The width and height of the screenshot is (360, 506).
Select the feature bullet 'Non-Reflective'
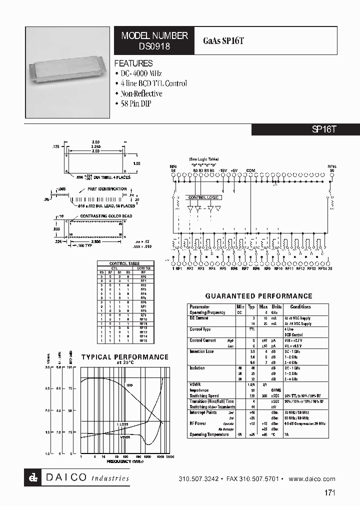coord(141,93)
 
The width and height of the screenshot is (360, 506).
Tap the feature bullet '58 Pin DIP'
coord(135,103)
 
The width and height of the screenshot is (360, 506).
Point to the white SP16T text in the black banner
coord(324,129)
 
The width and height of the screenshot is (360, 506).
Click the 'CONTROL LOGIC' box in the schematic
coord(203,197)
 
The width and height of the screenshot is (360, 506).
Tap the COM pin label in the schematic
coord(250,170)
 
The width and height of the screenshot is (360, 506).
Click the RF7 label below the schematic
coord(245,269)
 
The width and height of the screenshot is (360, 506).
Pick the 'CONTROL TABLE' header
coord(124,263)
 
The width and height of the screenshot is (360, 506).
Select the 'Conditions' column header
coord(300,307)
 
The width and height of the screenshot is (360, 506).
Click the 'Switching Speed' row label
coord(203,396)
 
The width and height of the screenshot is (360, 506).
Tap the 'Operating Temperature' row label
coord(209,434)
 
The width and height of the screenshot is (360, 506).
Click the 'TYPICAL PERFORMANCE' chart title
coord(124,357)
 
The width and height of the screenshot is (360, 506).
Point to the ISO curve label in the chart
coord(129,385)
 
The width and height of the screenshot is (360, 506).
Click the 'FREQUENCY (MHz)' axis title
coord(125,461)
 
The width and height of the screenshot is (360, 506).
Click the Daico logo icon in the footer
coord(33,478)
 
